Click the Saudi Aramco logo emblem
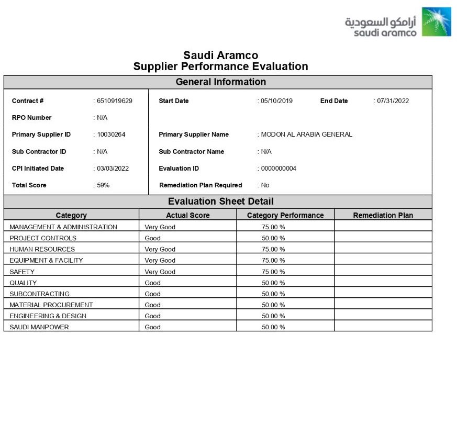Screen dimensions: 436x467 click(x=436, y=21)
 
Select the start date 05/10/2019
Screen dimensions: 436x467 click(x=277, y=101)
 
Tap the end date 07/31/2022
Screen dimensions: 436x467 click(x=393, y=101)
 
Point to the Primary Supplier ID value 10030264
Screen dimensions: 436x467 click(x=111, y=135)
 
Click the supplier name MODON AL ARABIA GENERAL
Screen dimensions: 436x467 click(x=306, y=135)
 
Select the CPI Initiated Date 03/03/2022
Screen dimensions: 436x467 click(x=113, y=169)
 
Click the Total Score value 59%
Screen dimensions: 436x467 click(x=103, y=185)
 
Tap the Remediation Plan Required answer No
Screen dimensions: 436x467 click(x=265, y=185)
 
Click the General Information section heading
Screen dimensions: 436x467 click(x=220, y=82)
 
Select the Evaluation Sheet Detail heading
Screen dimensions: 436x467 click(x=220, y=202)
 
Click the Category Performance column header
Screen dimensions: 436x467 click(x=285, y=215)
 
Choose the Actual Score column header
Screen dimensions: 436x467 click(x=187, y=215)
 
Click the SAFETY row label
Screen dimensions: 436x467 click(x=22, y=272)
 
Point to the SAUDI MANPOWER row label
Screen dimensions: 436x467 click(x=39, y=327)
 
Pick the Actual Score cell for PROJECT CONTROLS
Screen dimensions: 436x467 click(x=153, y=238)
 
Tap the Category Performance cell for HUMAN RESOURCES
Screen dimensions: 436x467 click(x=273, y=249)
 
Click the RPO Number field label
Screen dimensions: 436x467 click(x=31, y=118)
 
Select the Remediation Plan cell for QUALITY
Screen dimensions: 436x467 click(x=383, y=283)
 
